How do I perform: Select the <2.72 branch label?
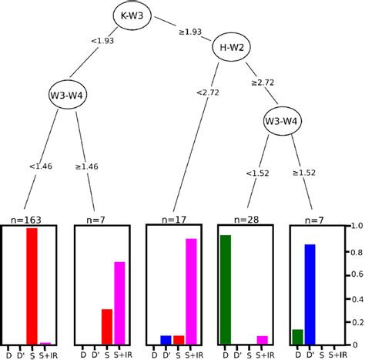207,93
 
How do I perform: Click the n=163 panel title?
32,220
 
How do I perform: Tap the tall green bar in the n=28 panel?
225,289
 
